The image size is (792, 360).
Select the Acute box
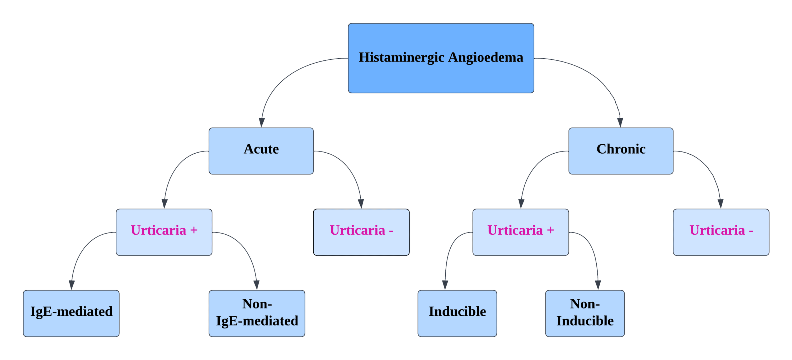click(x=261, y=151)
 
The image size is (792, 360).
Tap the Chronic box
click(x=621, y=151)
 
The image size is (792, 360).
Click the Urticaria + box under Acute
click(x=164, y=232)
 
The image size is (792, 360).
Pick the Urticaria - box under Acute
click(x=361, y=232)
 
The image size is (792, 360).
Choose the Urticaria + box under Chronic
click(x=521, y=232)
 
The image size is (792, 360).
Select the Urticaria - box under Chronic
click(x=721, y=232)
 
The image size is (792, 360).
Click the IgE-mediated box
click(x=71, y=313)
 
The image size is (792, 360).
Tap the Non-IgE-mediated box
click(x=257, y=313)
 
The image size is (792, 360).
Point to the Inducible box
click(x=457, y=313)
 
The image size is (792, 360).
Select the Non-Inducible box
click(x=585, y=313)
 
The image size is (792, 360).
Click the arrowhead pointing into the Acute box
click(x=262, y=123)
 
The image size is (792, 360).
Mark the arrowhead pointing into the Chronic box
click(x=620, y=123)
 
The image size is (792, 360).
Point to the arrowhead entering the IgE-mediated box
click(x=72, y=285)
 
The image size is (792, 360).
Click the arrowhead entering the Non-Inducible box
click(x=598, y=285)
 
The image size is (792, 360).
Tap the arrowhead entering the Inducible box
click(x=445, y=285)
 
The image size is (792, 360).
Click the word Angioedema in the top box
click(x=485, y=58)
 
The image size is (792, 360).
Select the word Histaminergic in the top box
click(x=401, y=58)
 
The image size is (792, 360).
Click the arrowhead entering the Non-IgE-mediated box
click(x=256, y=285)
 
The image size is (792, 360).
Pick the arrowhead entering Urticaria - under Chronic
click(x=720, y=204)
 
